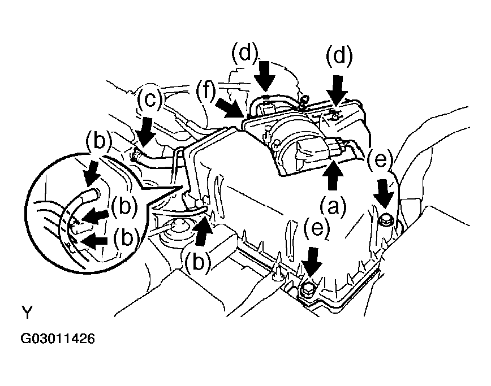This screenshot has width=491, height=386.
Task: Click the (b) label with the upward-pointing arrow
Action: click(198, 262)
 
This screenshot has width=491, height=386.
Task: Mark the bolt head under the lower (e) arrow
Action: click(308, 287)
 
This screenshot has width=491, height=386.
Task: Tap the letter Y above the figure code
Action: click(27, 312)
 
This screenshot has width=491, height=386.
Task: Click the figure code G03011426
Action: click(58, 339)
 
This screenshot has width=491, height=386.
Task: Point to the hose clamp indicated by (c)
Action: click(136, 155)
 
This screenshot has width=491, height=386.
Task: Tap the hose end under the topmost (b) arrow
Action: click(94, 194)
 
